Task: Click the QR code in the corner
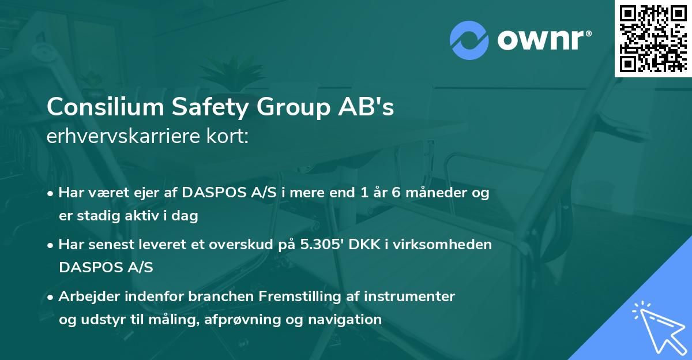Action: pyautogui.click(x=653, y=39)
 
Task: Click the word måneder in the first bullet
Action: pyautogui.click(x=440, y=193)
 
